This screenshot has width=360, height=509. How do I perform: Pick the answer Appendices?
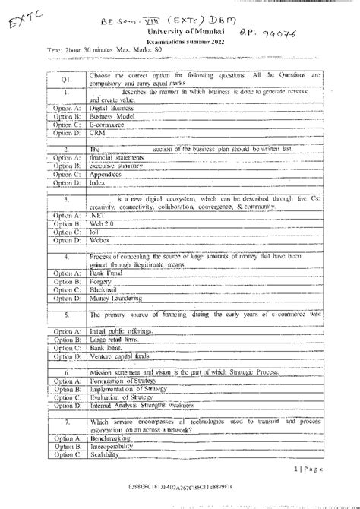point(106,174)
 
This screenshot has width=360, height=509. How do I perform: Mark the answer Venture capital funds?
point(122,356)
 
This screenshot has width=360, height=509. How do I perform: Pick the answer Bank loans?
point(106,347)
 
